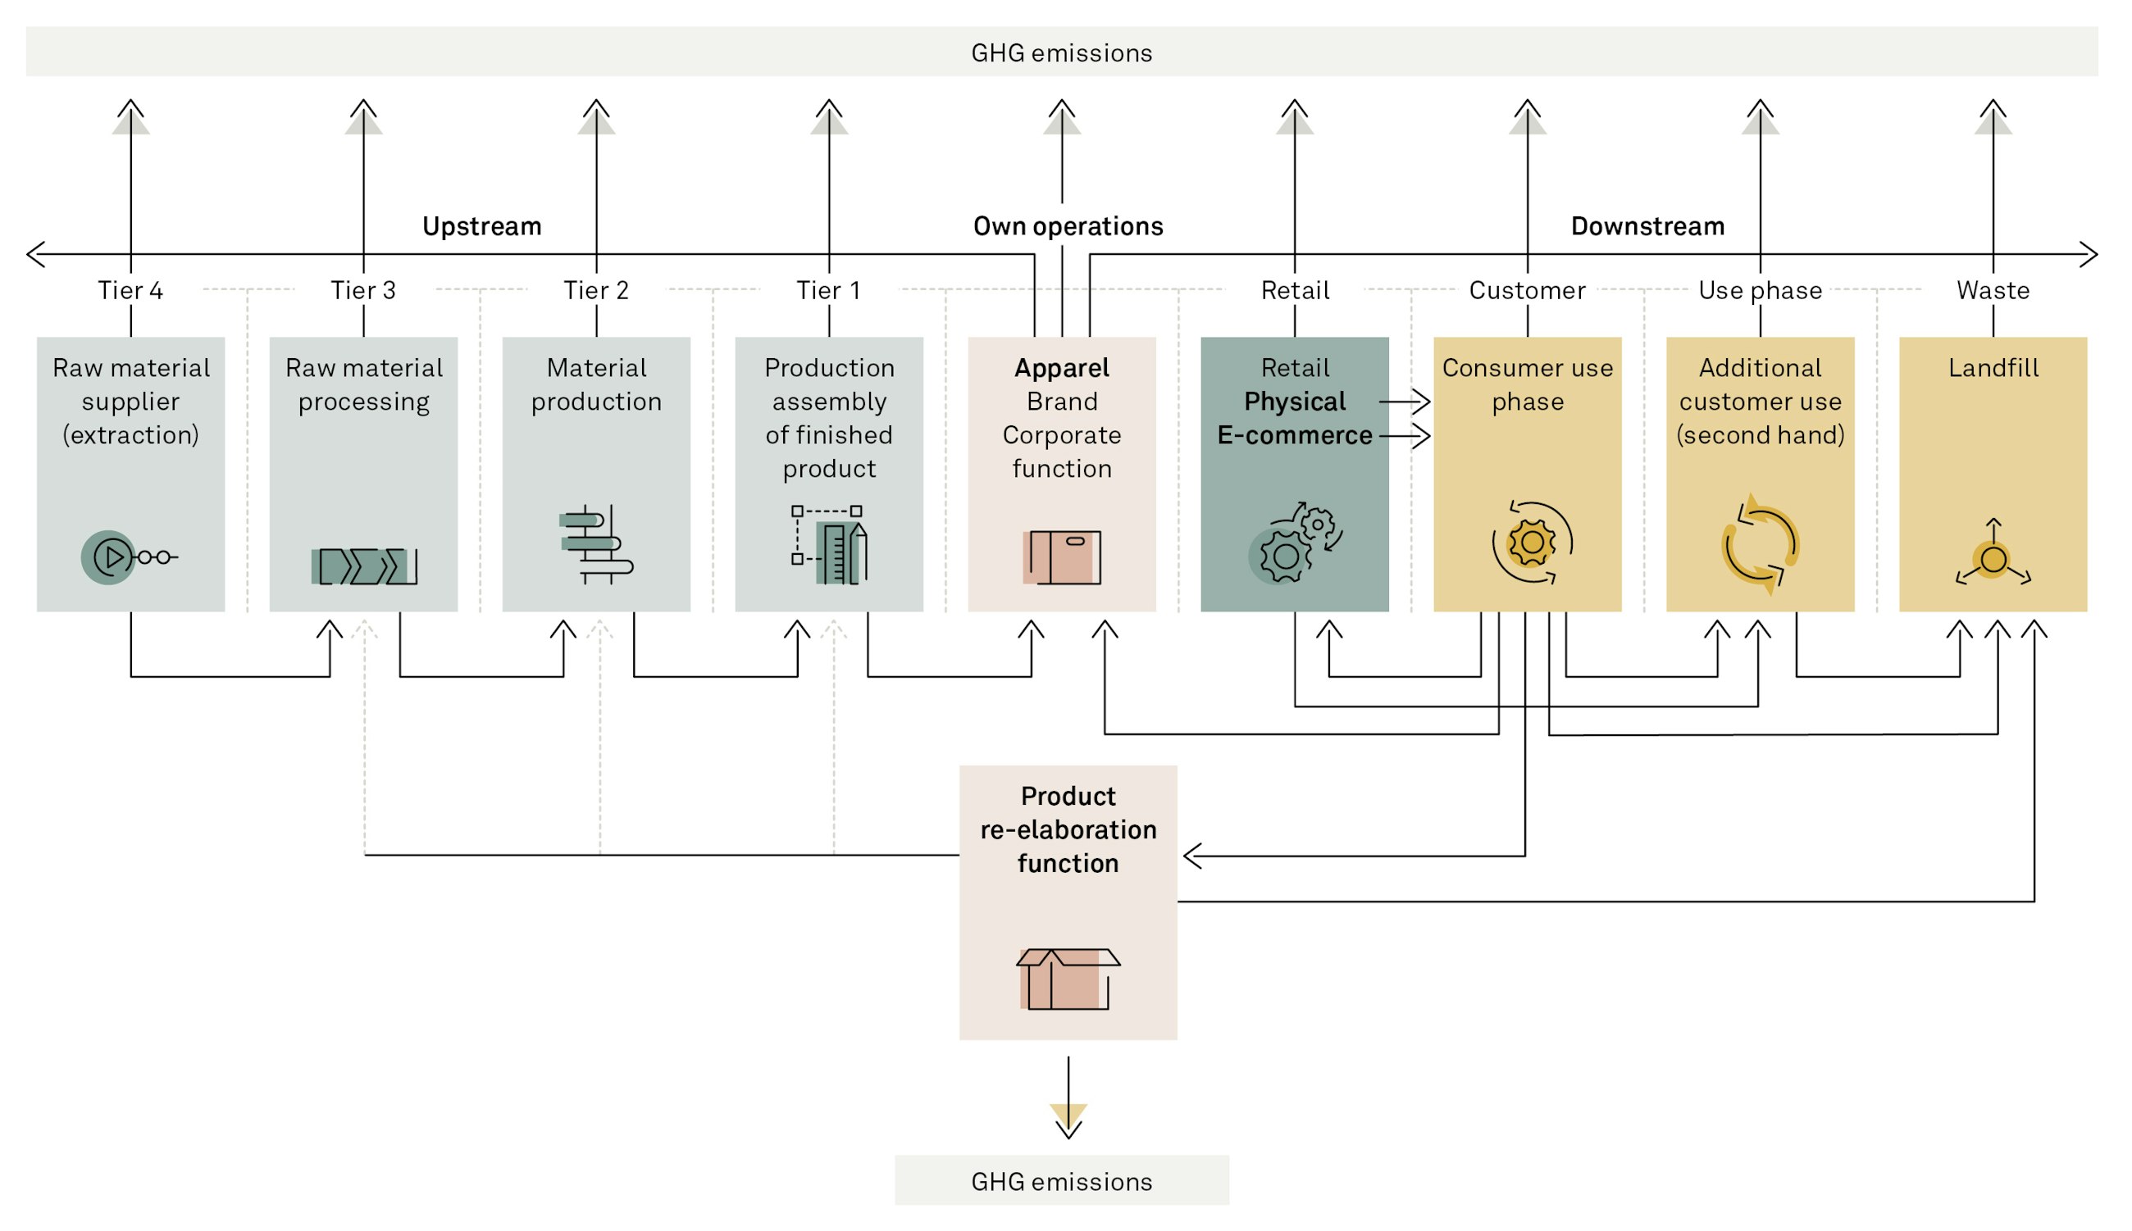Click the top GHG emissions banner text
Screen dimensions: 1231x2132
click(x=1060, y=52)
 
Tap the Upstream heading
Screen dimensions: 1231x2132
click(x=481, y=225)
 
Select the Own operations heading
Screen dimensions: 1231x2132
click(x=1068, y=225)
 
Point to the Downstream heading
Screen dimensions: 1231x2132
click(x=1647, y=225)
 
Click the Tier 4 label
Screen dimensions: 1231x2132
click(x=130, y=290)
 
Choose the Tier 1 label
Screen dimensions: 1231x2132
click(x=828, y=290)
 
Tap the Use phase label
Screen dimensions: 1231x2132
click(x=1759, y=290)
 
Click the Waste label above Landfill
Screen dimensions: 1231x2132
click(x=1992, y=290)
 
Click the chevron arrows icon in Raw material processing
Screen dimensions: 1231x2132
click(x=363, y=566)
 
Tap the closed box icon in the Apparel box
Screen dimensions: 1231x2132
click(x=1061, y=556)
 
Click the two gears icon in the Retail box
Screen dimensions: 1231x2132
click(x=1294, y=543)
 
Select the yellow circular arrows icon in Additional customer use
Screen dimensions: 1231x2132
click(x=1760, y=543)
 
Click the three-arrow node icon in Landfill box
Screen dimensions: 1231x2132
click(x=1993, y=555)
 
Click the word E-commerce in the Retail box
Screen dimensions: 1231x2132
click(x=1294, y=434)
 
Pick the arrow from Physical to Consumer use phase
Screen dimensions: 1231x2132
click(x=1404, y=401)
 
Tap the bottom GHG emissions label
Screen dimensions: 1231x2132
click(x=1060, y=1180)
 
